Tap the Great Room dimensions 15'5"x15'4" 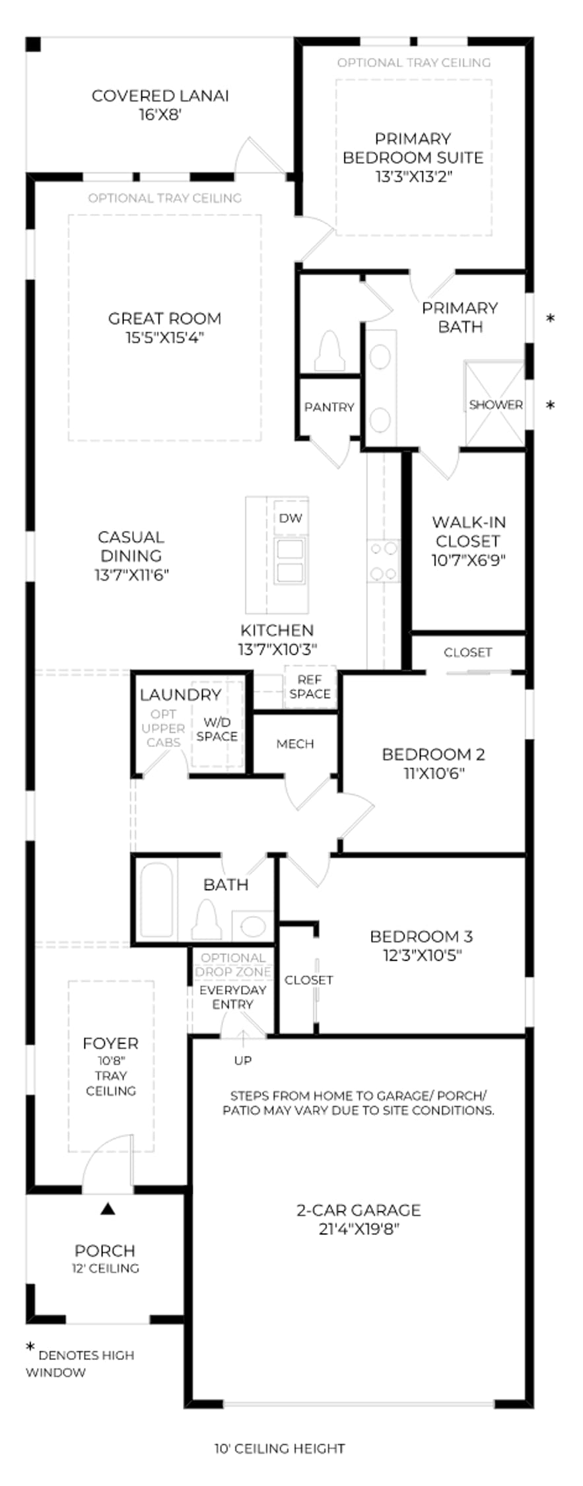(x=164, y=337)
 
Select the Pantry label (x=329, y=407)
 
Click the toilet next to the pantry (x=330, y=351)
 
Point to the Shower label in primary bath (x=496, y=405)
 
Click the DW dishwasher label (x=291, y=518)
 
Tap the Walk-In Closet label (x=469, y=532)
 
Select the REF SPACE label (x=310, y=687)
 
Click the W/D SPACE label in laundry (x=217, y=729)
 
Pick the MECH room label (x=295, y=744)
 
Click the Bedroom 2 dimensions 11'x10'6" (x=434, y=773)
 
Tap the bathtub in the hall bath (x=156, y=900)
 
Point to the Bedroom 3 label (x=421, y=937)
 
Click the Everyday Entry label (x=233, y=997)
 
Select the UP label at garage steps (x=243, y=1061)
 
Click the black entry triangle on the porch (x=108, y=1209)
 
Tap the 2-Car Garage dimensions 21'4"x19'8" (x=359, y=1229)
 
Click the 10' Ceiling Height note (x=279, y=1449)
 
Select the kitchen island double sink (x=290, y=561)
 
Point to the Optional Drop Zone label (x=233, y=965)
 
